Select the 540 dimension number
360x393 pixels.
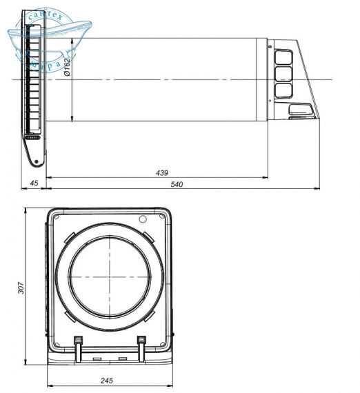(x=176, y=184)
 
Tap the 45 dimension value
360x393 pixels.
(x=31, y=184)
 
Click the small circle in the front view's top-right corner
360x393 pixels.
(x=143, y=219)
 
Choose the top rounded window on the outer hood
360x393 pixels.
(x=283, y=57)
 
